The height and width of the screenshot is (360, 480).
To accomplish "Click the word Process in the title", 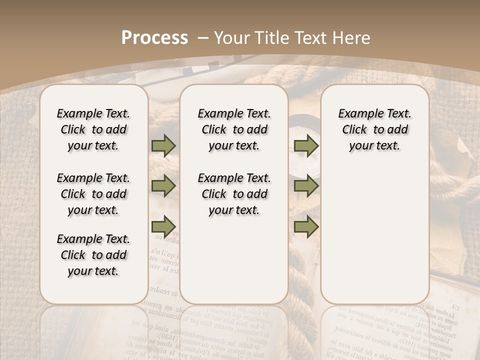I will point(154,38).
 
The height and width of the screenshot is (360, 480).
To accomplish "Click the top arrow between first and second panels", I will point(163,145).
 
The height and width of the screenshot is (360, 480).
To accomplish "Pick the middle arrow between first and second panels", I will point(163,186).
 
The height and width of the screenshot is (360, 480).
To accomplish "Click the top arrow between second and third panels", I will point(306,145).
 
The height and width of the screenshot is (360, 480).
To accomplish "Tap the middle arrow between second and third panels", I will point(306,186).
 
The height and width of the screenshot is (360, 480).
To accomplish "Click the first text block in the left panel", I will point(93,129).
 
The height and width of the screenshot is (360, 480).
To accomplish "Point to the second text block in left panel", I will point(93,194).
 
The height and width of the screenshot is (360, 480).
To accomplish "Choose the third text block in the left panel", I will point(93,255).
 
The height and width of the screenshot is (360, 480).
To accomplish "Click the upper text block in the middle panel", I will point(234,129).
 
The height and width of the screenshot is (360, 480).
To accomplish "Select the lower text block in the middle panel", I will point(234,194).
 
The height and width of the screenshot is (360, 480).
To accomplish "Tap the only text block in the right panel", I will point(374,129).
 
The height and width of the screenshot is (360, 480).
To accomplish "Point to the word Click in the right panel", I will point(354,130).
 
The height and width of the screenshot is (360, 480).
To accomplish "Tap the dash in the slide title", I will point(203,38).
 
